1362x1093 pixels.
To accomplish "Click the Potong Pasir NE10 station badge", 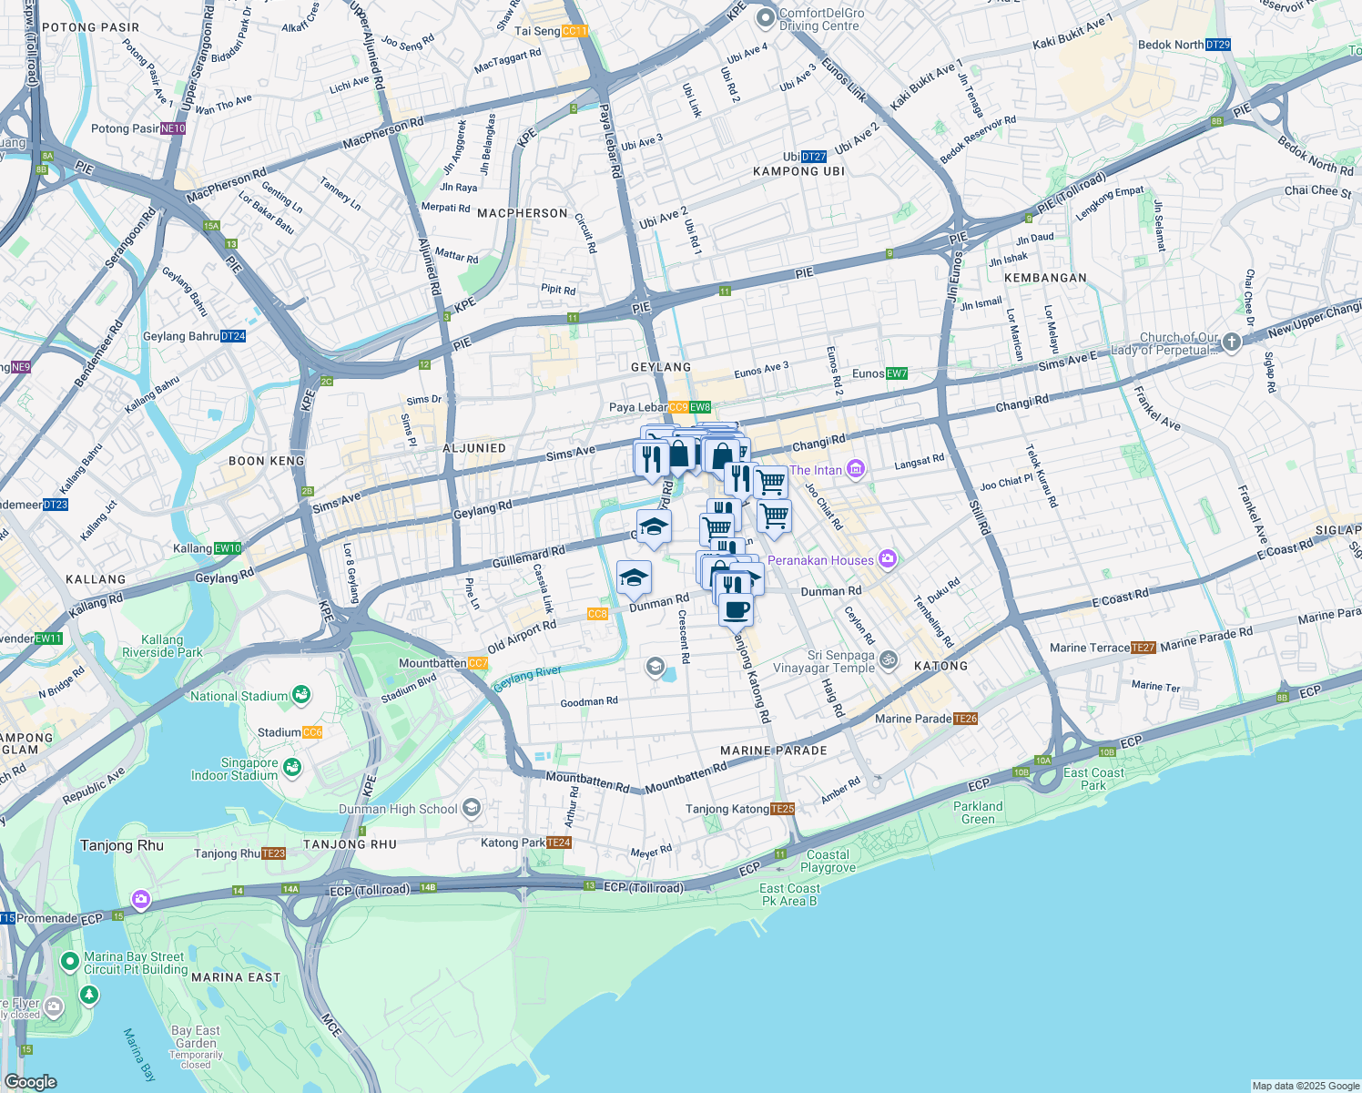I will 173,128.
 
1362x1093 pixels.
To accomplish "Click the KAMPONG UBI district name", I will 798,171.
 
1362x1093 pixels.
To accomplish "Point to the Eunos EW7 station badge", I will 896,373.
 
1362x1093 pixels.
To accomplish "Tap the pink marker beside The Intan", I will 855,470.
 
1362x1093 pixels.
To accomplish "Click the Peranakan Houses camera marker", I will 888,559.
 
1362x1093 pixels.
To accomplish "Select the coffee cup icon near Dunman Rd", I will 736,609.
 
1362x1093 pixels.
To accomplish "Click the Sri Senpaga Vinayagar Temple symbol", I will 888,660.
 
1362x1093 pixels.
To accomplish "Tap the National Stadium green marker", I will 300,696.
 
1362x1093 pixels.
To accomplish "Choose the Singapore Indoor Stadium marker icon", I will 291,769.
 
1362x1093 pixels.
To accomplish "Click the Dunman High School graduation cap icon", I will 471,808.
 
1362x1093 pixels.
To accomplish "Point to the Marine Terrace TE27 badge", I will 1143,648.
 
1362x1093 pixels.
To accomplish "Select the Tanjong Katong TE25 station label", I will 739,809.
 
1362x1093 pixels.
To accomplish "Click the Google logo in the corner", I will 30,1081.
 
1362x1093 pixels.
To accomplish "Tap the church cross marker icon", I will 1231,342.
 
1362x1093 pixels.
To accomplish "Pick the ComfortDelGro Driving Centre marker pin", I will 765,17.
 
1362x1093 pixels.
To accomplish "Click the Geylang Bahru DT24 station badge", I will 233,336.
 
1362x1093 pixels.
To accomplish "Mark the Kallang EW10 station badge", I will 228,548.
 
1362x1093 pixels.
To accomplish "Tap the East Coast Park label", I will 1093,779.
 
